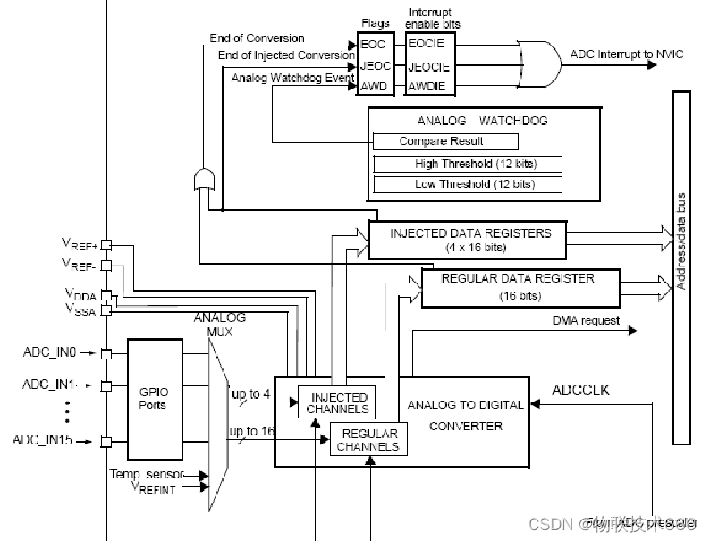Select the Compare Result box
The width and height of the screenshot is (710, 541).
click(445, 141)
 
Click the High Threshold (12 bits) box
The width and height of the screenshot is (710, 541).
click(467, 164)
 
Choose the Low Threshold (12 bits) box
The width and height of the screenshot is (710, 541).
click(467, 184)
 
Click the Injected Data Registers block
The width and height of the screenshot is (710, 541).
click(468, 240)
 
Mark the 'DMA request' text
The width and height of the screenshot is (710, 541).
click(585, 320)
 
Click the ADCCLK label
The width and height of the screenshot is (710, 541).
click(580, 390)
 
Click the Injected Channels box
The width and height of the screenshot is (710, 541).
click(337, 402)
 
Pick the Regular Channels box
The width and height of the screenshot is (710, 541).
click(368, 439)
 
